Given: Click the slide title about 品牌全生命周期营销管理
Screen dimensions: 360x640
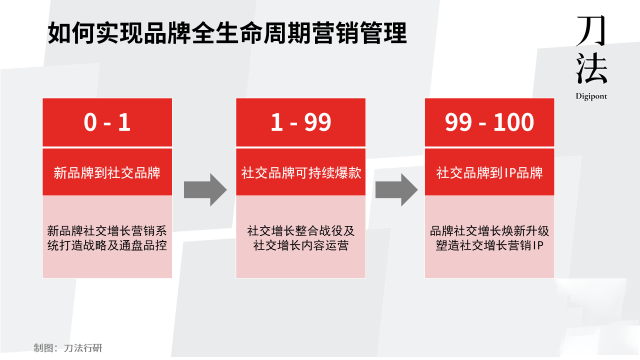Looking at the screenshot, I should point(227,34).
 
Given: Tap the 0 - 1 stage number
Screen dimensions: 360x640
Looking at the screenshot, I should point(107,122).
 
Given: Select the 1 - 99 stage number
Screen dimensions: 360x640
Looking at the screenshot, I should point(300,122).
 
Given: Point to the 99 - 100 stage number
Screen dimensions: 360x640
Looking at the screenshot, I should point(489,122).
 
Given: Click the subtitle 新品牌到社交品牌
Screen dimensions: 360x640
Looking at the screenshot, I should point(107,173).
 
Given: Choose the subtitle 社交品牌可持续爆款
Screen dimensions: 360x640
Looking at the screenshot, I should point(300,173).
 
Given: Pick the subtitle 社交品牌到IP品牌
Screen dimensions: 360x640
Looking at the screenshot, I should point(489,173).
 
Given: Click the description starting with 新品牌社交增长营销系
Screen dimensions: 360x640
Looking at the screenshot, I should point(107,231).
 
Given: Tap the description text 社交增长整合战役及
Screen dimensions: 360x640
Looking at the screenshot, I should point(300,231).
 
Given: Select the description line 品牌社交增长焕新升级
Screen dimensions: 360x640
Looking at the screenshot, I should point(489,231).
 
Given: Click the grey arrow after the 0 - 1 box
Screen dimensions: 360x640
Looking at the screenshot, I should point(205,189).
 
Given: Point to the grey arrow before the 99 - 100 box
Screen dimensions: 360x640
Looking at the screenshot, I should point(396,189).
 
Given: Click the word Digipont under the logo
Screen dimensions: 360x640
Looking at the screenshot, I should point(591,96).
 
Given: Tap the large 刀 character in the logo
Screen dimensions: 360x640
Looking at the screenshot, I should point(591,31).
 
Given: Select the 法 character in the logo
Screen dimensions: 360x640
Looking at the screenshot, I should point(591,68).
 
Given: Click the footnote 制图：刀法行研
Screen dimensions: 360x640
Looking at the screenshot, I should point(68,348).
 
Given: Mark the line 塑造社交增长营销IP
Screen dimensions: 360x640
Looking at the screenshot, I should point(489,245).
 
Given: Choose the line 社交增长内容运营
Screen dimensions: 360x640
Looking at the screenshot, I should point(300,245).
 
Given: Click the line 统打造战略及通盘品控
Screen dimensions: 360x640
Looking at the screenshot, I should point(107,245).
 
